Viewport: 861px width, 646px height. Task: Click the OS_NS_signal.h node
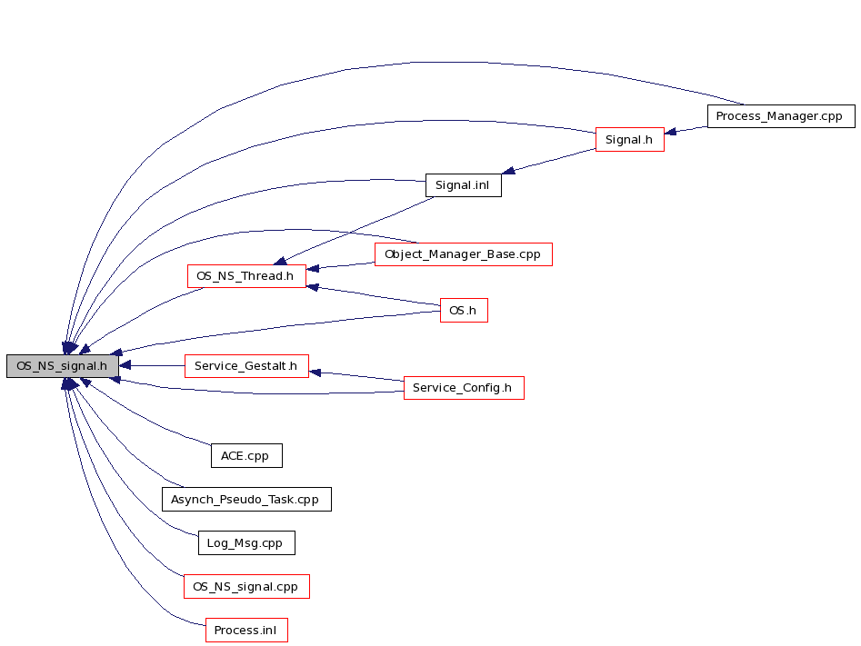click(63, 366)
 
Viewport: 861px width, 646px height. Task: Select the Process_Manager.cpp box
click(781, 116)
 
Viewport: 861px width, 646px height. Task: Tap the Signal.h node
click(630, 140)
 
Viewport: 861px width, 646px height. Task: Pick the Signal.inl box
click(464, 185)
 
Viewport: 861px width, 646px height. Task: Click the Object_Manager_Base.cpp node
click(464, 254)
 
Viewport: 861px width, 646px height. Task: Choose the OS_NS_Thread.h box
click(246, 276)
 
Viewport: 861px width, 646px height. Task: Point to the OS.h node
click(464, 311)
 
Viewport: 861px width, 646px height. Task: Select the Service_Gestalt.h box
click(246, 366)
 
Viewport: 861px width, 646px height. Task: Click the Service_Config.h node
click(464, 388)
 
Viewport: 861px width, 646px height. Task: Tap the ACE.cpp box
click(246, 456)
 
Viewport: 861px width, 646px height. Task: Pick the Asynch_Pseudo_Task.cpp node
click(246, 500)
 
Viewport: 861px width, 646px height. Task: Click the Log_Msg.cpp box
click(246, 543)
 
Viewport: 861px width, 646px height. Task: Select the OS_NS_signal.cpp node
click(246, 587)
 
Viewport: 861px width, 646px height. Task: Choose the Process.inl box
click(246, 630)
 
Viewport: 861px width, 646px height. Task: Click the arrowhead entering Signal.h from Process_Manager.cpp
click(670, 132)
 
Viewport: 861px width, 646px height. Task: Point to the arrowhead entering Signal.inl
click(508, 171)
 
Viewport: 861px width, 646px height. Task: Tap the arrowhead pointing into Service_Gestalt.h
click(315, 373)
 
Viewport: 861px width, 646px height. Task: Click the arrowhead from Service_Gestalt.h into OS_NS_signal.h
click(125, 365)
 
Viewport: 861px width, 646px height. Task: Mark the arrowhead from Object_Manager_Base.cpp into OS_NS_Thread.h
click(313, 268)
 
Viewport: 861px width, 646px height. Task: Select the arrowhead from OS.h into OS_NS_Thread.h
click(313, 286)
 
